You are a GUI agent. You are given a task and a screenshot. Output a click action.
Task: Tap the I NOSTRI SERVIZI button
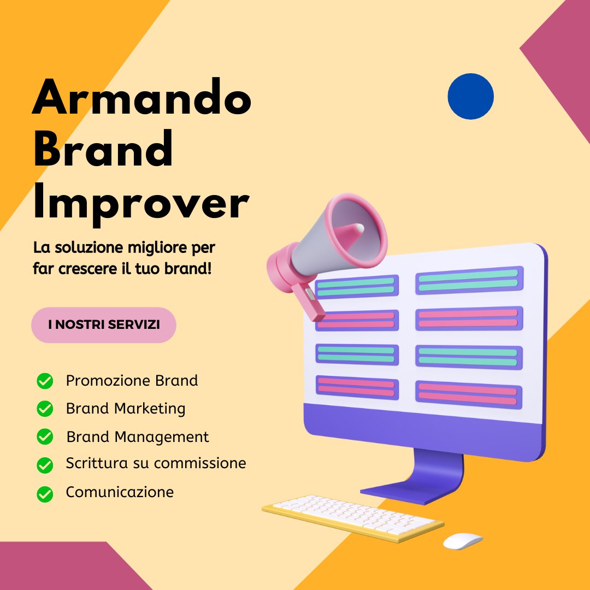(x=104, y=324)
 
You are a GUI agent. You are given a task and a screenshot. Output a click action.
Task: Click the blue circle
(x=470, y=96)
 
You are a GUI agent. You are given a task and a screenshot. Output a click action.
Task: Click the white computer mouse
(x=462, y=541)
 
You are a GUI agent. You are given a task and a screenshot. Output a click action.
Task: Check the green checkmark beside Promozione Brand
(x=45, y=381)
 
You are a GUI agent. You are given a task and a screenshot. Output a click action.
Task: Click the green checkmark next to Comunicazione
(x=45, y=494)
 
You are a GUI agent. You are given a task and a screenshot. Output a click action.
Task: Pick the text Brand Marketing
(x=126, y=409)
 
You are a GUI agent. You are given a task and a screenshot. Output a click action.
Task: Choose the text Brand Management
(x=138, y=437)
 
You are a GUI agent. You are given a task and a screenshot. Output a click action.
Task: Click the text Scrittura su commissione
(x=156, y=464)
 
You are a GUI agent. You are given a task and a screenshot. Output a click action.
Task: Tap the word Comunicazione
(x=120, y=492)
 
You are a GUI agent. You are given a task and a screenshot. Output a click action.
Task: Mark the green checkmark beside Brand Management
(x=45, y=437)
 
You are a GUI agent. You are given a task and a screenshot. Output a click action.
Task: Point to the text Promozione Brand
(x=132, y=381)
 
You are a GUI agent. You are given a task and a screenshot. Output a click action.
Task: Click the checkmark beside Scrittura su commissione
(x=45, y=465)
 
